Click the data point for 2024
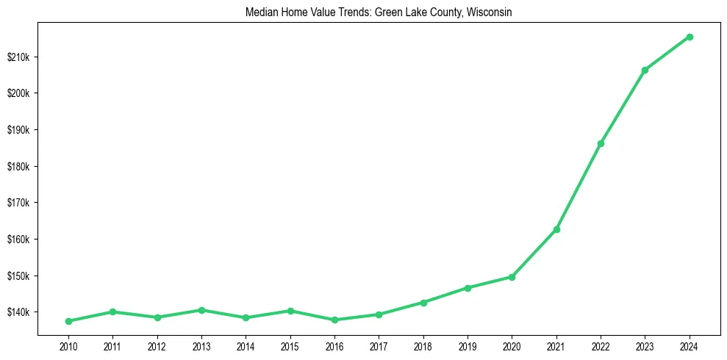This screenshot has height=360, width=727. [690, 37]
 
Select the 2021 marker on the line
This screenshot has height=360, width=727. [556, 229]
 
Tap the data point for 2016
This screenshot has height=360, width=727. [334, 320]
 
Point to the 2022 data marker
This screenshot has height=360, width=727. [601, 143]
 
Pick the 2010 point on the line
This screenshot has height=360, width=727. [68, 321]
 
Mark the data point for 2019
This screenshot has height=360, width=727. [468, 288]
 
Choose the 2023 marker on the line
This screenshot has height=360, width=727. [645, 70]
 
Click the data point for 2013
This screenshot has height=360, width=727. [201, 310]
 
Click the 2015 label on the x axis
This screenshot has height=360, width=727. [290, 345]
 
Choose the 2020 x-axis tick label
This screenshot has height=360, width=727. [512, 345]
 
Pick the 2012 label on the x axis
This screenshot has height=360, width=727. [157, 345]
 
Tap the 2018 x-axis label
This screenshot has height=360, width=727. [423, 345]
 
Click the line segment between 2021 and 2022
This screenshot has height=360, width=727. [579, 187]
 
